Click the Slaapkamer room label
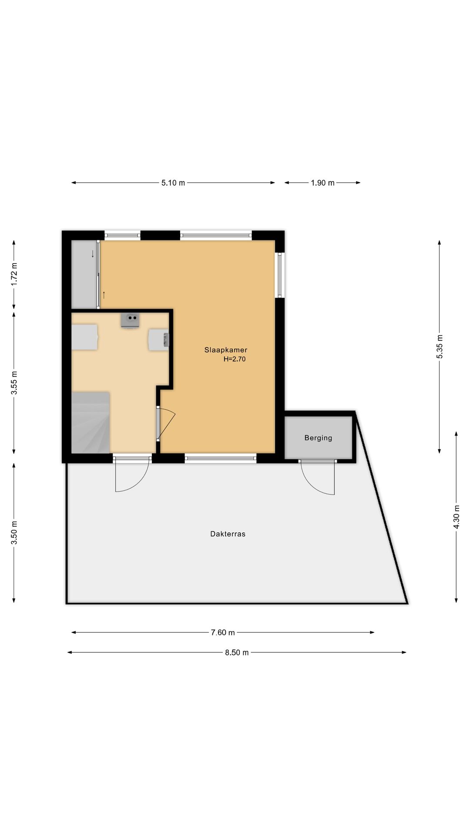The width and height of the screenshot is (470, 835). [x=226, y=350]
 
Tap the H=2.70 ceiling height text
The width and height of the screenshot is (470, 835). [x=235, y=359]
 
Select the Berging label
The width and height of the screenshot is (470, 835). [x=318, y=438]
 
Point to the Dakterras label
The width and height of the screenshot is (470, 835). [x=228, y=534]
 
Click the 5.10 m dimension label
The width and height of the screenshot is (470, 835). [x=173, y=183]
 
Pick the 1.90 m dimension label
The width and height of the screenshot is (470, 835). [x=322, y=183]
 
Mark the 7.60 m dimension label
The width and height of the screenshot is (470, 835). [x=223, y=632]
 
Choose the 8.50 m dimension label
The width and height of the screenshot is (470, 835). [x=237, y=652]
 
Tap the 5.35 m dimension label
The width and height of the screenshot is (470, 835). [x=440, y=347]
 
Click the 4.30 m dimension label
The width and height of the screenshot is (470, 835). [x=456, y=517]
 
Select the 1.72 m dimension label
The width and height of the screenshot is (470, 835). [x=14, y=274]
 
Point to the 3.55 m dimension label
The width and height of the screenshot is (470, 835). [x=14, y=383]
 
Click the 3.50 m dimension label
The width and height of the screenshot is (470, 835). [x=14, y=533]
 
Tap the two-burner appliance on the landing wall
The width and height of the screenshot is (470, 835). [x=130, y=320]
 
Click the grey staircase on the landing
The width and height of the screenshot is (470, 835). [x=91, y=422]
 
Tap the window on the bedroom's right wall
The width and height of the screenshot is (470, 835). [x=280, y=275]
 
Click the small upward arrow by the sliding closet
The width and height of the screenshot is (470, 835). [x=104, y=294]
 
